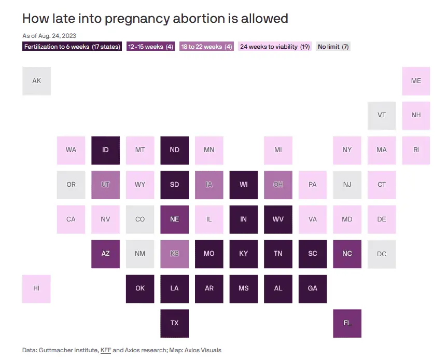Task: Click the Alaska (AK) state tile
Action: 36,81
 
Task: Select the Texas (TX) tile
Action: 174,323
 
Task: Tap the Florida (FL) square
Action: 347,323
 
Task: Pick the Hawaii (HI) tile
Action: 36,288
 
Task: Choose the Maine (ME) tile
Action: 416,81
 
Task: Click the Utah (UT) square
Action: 105,185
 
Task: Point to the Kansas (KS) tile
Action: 174,254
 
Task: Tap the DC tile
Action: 382,254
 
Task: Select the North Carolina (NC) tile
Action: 347,254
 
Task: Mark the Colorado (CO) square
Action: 140,219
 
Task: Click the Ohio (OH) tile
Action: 278,185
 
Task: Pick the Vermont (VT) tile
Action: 382,115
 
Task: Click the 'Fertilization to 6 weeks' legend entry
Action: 72,47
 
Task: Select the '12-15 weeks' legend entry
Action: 150,47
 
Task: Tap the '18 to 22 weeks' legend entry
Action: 206,47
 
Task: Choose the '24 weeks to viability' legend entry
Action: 275,47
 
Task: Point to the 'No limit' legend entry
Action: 333,47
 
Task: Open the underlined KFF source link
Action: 105,350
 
